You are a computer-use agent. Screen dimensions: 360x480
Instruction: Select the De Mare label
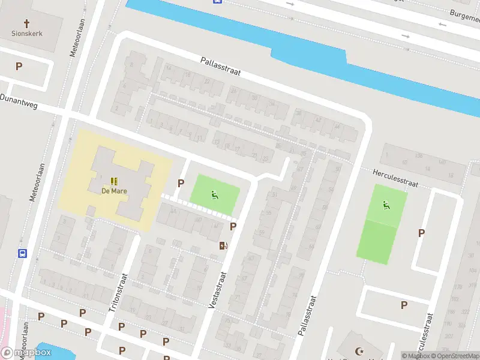coord(113,191)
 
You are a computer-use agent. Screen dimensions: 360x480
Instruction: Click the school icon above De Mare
coord(113,181)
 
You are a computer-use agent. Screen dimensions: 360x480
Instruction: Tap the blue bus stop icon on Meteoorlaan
coord(23,253)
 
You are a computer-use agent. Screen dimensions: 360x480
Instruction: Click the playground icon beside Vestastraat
coord(214,194)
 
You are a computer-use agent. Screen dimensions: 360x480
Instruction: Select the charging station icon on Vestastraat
coord(223,245)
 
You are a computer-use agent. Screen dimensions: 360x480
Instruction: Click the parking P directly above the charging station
coord(233,226)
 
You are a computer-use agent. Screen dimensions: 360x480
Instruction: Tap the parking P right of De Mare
coord(180,183)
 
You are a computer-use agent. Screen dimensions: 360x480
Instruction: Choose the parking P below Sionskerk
coord(19,66)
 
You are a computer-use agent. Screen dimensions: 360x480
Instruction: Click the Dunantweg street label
coord(18,101)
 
